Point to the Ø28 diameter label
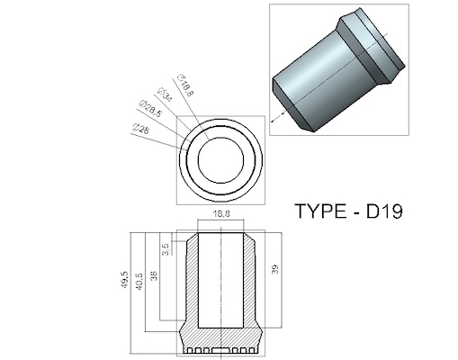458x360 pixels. pos(140,129)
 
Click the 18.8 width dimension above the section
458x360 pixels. pos(221,214)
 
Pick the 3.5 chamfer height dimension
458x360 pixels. pos(166,246)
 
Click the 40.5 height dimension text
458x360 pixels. pos(138,278)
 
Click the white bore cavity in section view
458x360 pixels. pos(221,279)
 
